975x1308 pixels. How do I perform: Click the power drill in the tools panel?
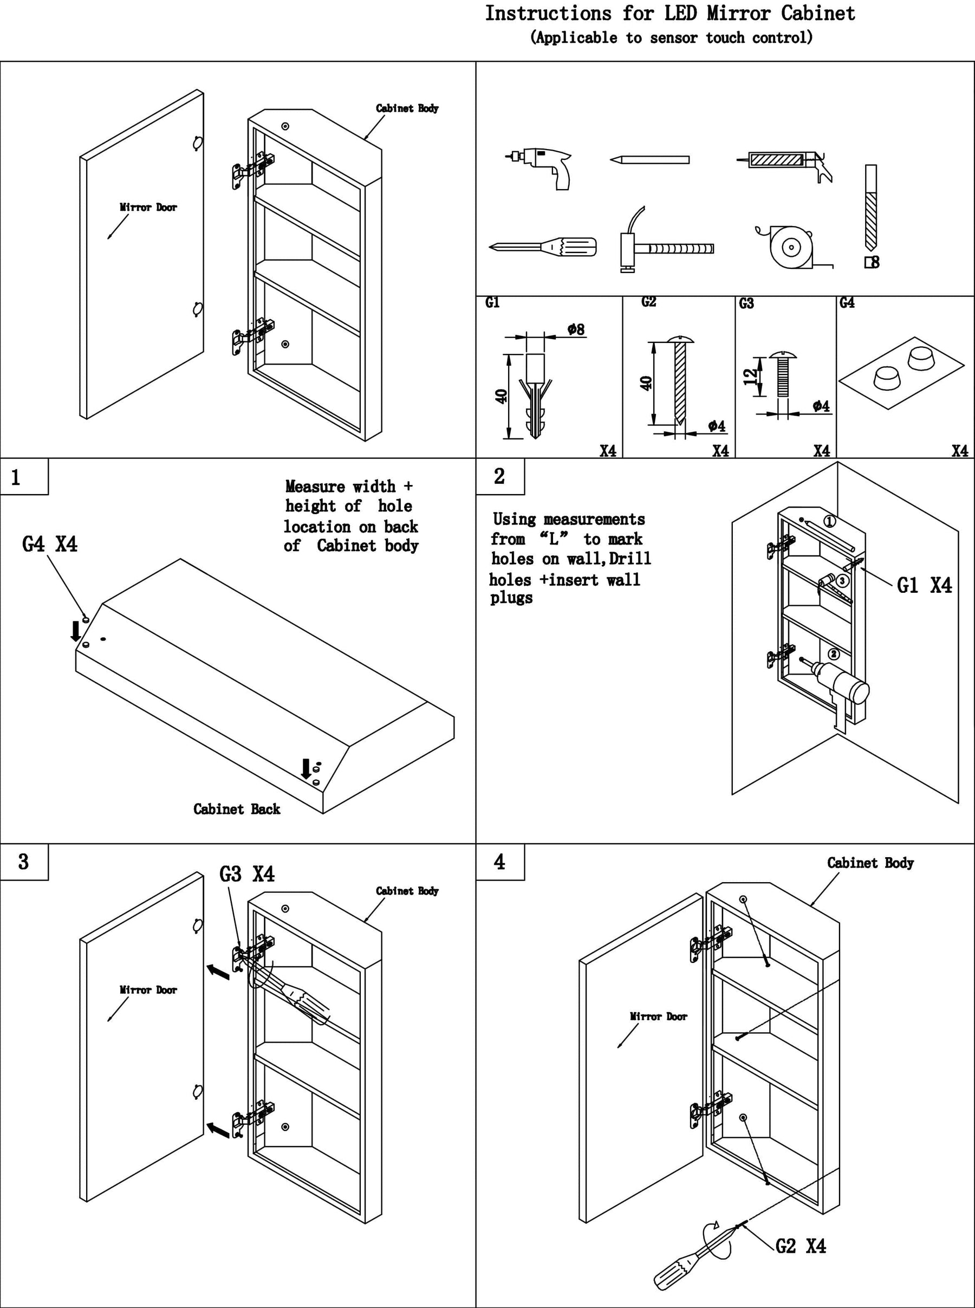[x=543, y=165]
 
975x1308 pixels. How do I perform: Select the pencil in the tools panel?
[x=649, y=160]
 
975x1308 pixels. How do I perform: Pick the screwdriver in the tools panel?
[x=543, y=247]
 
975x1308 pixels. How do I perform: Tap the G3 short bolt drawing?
[x=783, y=375]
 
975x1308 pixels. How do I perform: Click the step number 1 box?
[x=24, y=477]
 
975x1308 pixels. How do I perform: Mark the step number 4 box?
[x=500, y=862]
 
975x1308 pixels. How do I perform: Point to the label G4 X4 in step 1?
[x=50, y=544]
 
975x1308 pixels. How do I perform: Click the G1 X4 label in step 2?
[x=924, y=586]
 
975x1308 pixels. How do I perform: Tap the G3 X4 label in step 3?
[x=246, y=874]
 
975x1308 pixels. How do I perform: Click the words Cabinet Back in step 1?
[x=237, y=809]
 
